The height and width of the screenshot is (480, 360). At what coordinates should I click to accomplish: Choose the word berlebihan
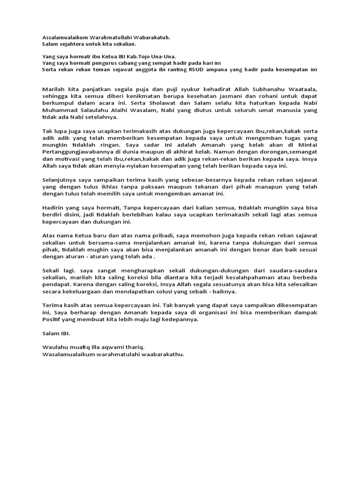pos(138,215)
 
